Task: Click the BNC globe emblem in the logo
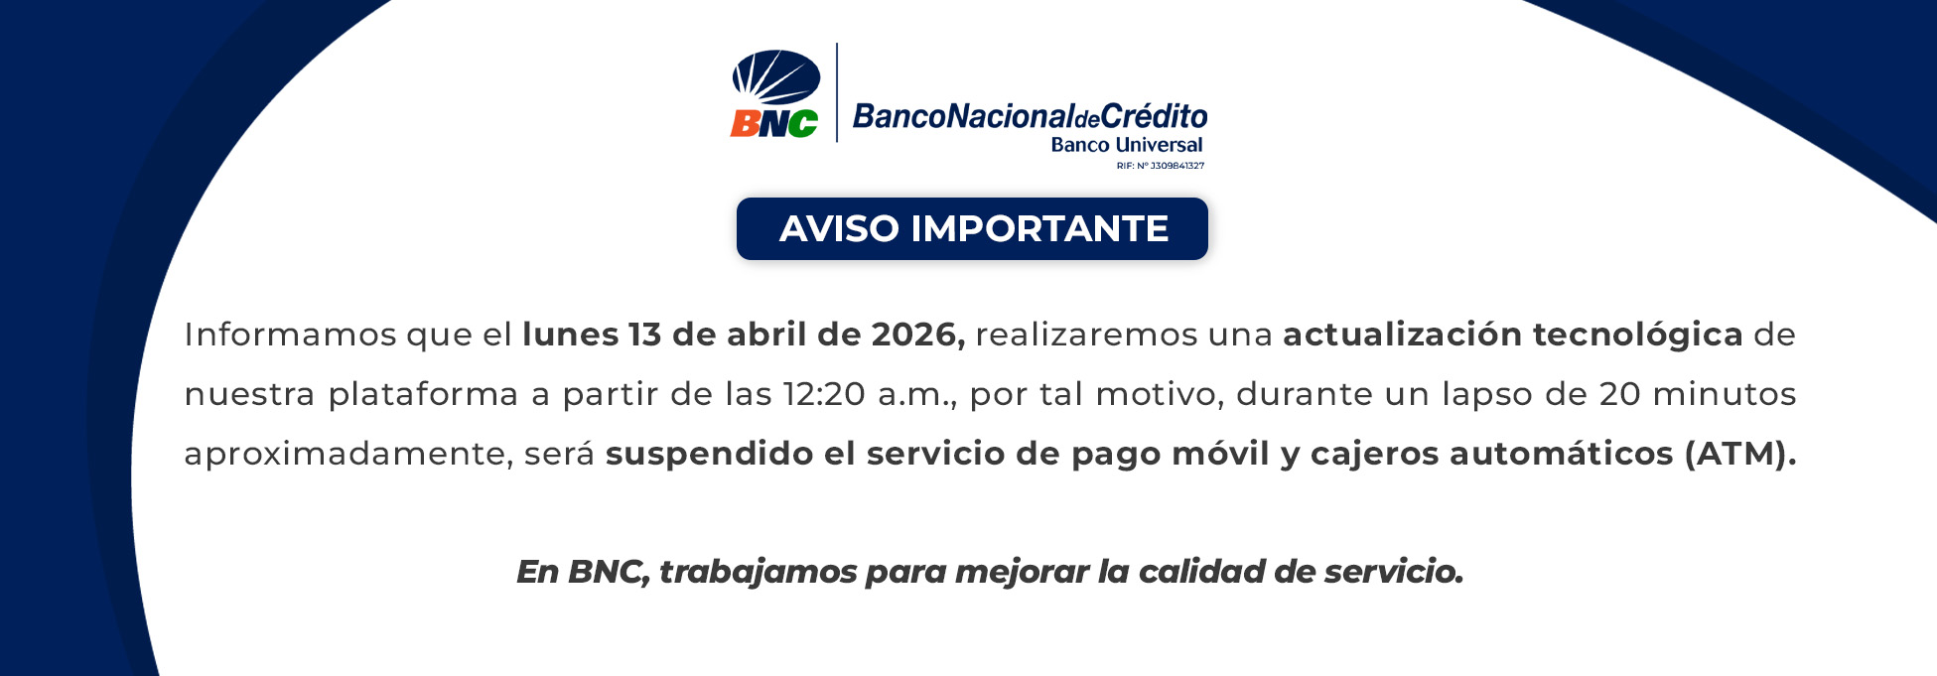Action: [x=776, y=77]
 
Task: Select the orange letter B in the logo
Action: [x=745, y=123]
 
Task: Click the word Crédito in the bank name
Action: [x=1154, y=116]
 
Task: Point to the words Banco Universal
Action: [x=1127, y=145]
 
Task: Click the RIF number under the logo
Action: [x=1161, y=166]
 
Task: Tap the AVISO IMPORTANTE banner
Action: [x=973, y=228]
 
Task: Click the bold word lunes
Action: [x=571, y=335]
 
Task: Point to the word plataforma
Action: [x=424, y=395]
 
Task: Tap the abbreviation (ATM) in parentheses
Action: [x=1740, y=454]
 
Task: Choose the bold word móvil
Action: [x=1221, y=454]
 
